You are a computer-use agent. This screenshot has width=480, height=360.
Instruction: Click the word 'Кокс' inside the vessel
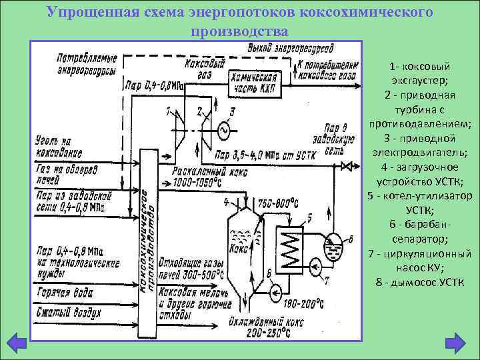(238, 248)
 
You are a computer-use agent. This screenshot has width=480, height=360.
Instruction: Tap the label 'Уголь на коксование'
(59, 147)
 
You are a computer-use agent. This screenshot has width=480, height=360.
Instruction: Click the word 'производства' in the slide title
(239, 32)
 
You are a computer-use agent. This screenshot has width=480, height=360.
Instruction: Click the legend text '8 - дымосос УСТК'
(420, 282)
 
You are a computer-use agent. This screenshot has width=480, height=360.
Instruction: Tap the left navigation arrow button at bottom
(17, 345)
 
